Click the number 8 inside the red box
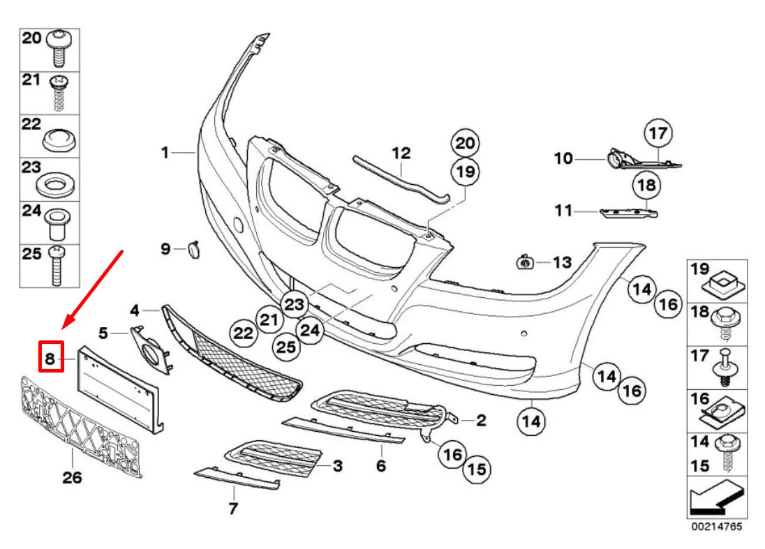50,359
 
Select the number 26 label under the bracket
73,478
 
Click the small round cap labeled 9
192,248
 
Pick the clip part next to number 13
523,262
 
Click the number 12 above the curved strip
401,152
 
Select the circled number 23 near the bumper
295,304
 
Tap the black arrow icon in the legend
716,497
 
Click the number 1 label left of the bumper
165,151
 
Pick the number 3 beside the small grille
337,465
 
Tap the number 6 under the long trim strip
380,465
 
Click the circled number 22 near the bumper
243,334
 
